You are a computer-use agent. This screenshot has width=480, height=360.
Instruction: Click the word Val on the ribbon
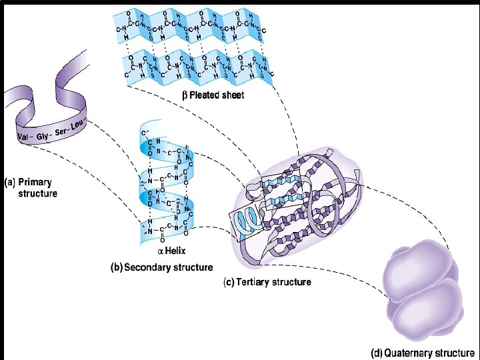click(x=25, y=137)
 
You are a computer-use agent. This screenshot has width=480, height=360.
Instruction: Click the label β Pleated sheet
click(x=213, y=95)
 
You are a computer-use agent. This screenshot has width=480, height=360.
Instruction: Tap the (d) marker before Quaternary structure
click(x=376, y=352)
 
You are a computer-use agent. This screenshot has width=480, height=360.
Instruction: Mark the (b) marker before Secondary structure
click(x=115, y=267)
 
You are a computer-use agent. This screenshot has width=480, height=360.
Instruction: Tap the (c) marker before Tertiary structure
click(x=228, y=282)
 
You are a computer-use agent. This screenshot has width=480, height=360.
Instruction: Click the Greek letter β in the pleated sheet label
click(x=185, y=95)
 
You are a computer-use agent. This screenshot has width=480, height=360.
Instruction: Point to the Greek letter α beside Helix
click(x=160, y=251)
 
